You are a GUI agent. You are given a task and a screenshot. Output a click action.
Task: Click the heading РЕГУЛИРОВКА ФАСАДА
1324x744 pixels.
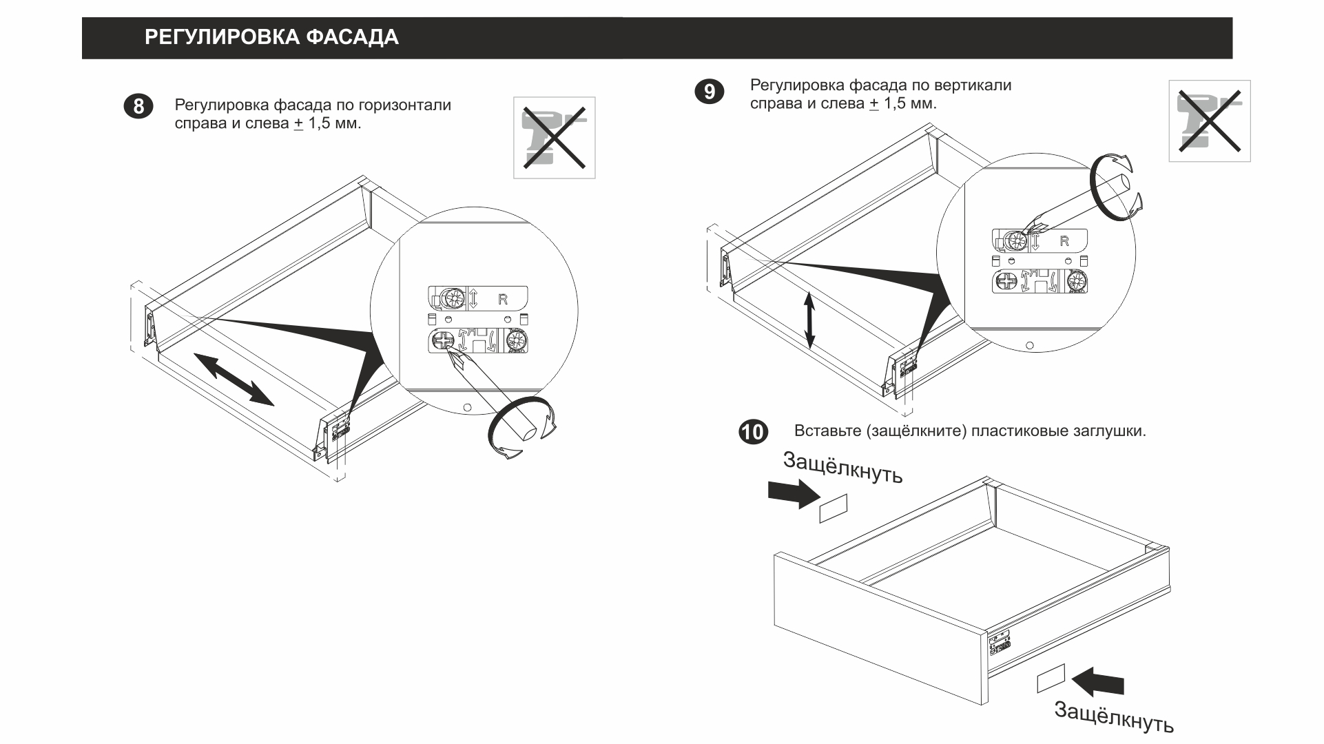pos(271,37)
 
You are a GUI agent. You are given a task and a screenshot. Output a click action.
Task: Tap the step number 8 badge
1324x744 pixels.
pos(138,107)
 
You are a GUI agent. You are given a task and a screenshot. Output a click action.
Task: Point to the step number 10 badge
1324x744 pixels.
pos(753,432)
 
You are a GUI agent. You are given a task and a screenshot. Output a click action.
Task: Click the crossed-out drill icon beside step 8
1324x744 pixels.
pos(554,138)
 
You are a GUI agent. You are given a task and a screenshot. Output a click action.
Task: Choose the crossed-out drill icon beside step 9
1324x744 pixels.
pos(1209,121)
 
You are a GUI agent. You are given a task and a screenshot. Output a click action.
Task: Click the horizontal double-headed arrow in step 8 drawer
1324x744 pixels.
pos(234,379)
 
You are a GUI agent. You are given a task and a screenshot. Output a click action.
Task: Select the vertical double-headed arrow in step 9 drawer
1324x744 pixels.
pos(810,320)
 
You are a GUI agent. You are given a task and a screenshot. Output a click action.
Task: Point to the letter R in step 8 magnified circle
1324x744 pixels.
pos(503,300)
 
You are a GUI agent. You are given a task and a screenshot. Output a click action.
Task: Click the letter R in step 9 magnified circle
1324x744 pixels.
pos(1064,241)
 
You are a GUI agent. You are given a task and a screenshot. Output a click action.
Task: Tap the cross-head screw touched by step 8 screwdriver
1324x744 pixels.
pos(442,340)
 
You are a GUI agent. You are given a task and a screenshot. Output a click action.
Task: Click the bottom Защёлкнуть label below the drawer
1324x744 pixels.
pos(1114,717)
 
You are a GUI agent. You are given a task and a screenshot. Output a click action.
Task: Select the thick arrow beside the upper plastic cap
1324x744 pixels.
pos(794,493)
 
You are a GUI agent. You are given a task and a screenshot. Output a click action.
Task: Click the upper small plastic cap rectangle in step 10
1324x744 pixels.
pos(833,508)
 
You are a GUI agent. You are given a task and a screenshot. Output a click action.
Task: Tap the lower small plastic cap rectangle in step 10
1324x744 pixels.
pos(1051,678)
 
